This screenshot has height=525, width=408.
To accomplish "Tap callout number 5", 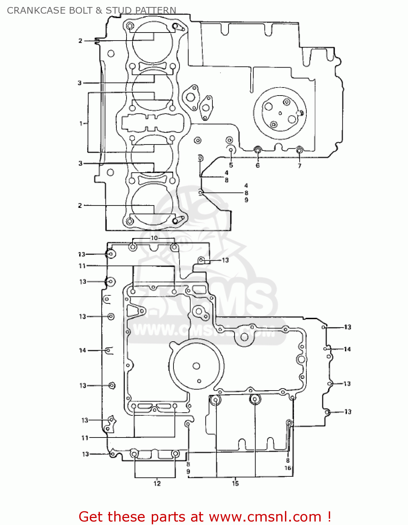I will pos(231,165).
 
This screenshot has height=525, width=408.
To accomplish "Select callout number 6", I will pos(258,166).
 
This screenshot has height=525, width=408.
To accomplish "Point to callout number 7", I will pos(299,166).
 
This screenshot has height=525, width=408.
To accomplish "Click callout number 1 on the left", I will pos(81,123).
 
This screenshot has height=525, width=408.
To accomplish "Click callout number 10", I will pos(154,238).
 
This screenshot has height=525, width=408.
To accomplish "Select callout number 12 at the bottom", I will pos(157,483).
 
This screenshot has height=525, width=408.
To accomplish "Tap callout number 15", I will pos(235,483).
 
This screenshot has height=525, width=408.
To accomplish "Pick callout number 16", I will pos(288,468).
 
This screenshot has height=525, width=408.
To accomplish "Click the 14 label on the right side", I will pos(347,349).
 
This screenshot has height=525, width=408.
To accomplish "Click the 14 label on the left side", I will pos(82,350).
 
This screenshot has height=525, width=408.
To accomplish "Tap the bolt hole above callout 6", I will pos(258,150).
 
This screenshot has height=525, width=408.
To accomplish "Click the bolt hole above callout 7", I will pos(299,150).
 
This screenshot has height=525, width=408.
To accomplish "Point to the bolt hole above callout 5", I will pos(231,150).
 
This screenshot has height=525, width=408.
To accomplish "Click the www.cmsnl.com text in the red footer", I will pos(265,517).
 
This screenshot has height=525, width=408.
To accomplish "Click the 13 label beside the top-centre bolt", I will pos(225,260).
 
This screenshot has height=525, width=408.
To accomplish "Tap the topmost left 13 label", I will pos(82,254).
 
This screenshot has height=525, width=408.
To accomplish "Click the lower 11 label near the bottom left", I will pos(85,437).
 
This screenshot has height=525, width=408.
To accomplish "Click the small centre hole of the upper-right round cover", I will pos(280,113).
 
